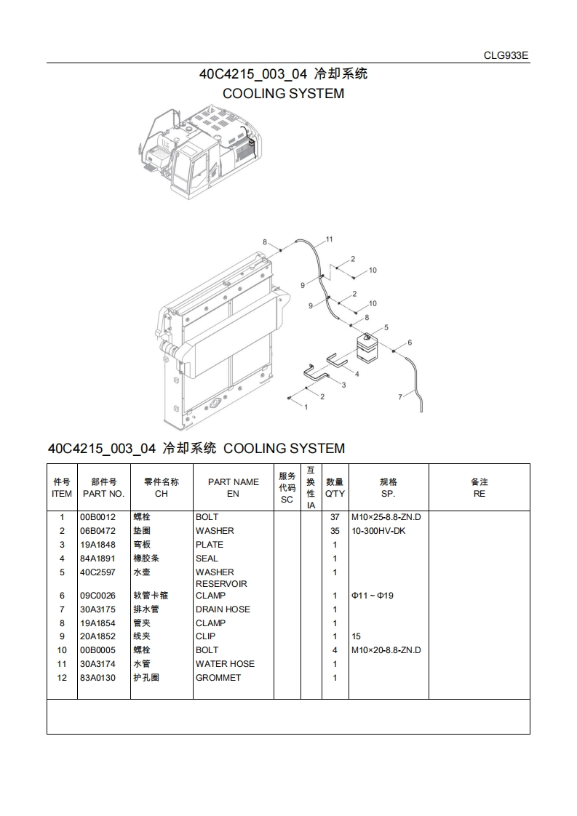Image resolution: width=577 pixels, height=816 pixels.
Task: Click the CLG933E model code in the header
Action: pos(506,55)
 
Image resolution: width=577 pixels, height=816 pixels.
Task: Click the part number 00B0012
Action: pos(98,517)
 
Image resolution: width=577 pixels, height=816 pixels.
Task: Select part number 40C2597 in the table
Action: pos(98,572)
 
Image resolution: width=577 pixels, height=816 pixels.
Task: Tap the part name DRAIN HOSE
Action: pos(223,609)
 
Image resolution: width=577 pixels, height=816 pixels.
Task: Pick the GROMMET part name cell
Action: pos(218,678)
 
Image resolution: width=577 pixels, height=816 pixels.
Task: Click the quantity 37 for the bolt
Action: pos(335,517)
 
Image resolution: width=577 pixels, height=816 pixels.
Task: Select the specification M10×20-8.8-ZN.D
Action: pos(386,650)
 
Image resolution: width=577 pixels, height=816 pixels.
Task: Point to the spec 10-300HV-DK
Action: pos(378,531)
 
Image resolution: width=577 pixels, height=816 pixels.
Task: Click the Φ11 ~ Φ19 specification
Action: pos(373,596)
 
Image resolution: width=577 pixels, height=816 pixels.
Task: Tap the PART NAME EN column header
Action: pos(233,487)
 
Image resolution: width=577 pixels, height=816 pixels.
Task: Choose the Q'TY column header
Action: pos(335,487)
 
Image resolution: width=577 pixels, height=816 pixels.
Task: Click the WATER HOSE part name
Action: pos(225,664)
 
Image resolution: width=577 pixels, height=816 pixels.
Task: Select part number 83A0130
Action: pos(98,678)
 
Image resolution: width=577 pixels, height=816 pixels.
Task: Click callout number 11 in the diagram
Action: pos(329,239)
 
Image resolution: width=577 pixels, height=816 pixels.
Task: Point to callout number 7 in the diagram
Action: pos(399,397)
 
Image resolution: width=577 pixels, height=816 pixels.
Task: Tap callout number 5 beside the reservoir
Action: pos(386,327)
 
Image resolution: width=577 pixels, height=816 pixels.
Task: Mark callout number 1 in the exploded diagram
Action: pos(306,407)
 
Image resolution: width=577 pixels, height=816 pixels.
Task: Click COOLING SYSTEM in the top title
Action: pos(283,94)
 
